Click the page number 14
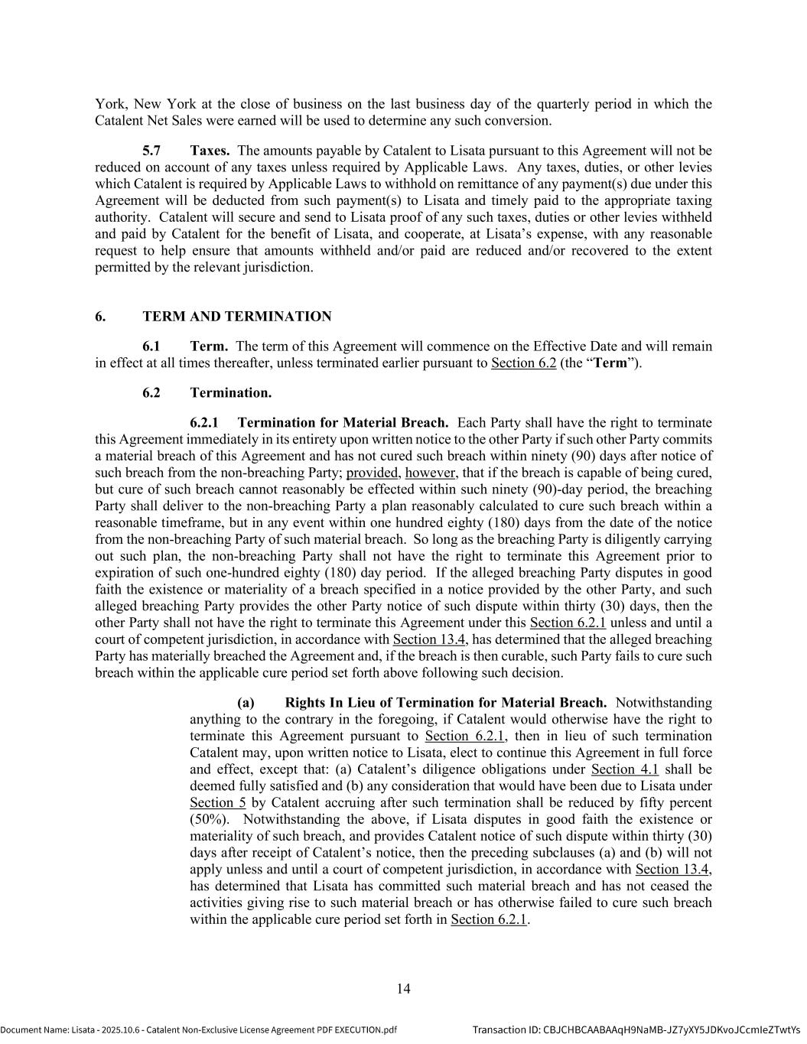403,989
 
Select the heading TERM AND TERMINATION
237,317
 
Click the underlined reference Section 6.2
523,363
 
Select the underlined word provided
373,473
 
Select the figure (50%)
208,819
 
